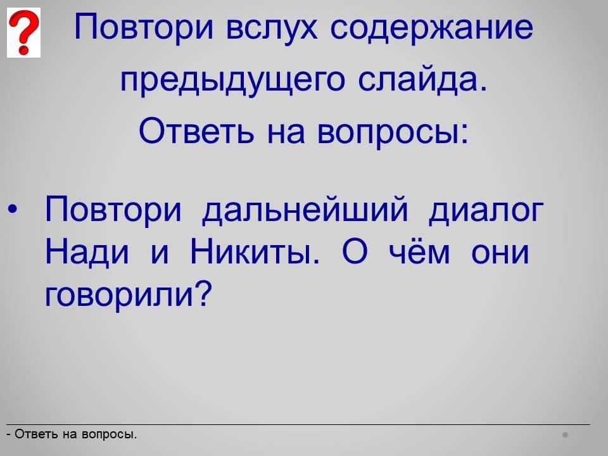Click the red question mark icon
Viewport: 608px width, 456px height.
tap(23, 32)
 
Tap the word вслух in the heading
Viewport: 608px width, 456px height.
tap(272, 28)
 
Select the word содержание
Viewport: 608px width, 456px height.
tap(431, 28)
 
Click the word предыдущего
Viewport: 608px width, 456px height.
tap(232, 80)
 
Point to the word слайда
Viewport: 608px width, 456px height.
tap(422, 80)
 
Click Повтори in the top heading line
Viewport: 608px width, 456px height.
tap(144, 27)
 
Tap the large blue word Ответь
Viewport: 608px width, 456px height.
tap(196, 130)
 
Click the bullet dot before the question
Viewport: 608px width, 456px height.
tap(12, 210)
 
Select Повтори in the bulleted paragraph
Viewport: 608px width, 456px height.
tap(113, 210)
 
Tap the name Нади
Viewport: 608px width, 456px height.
tap(87, 252)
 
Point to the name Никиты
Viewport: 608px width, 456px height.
tap(255, 252)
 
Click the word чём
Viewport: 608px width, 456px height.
tap(419, 252)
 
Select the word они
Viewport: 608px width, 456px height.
tap(500, 253)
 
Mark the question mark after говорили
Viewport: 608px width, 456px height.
tap(203, 293)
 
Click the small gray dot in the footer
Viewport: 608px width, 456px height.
tap(566, 434)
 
